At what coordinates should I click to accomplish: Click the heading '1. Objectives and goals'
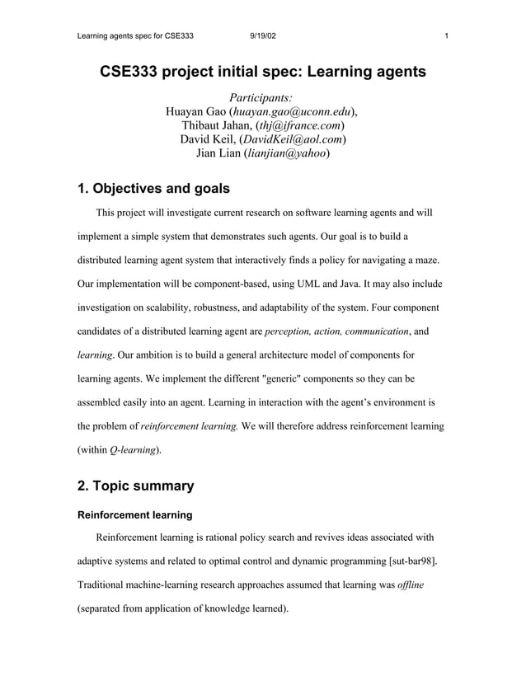(x=153, y=189)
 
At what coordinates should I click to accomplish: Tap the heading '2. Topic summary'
(x=135, y=486)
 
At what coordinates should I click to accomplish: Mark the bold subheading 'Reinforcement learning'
(x=134, y=515)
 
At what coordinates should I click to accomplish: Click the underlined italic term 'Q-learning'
(x=132, y=450)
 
